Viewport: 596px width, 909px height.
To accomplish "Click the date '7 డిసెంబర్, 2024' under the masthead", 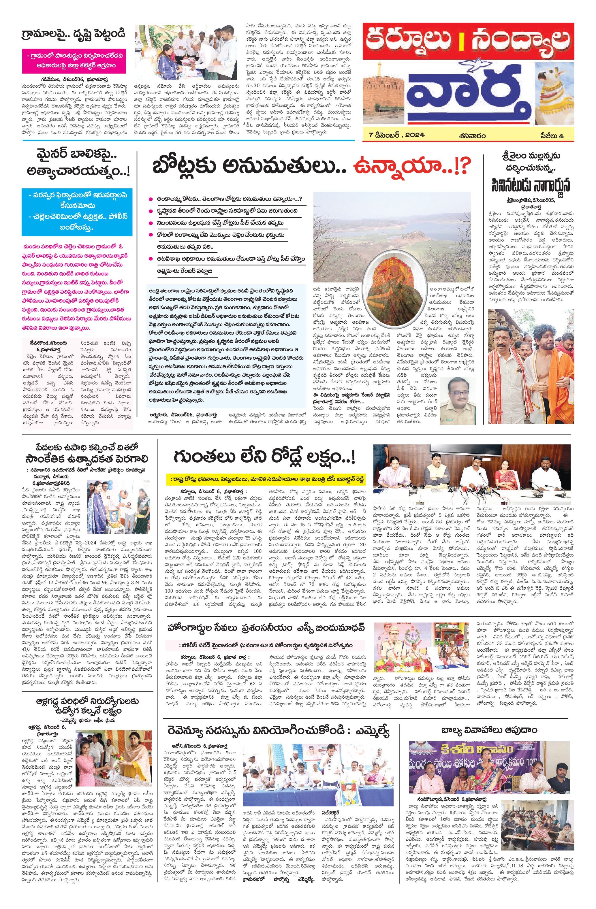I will [397, 135].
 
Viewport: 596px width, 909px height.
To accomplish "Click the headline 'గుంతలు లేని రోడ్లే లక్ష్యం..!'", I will [264, 457].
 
